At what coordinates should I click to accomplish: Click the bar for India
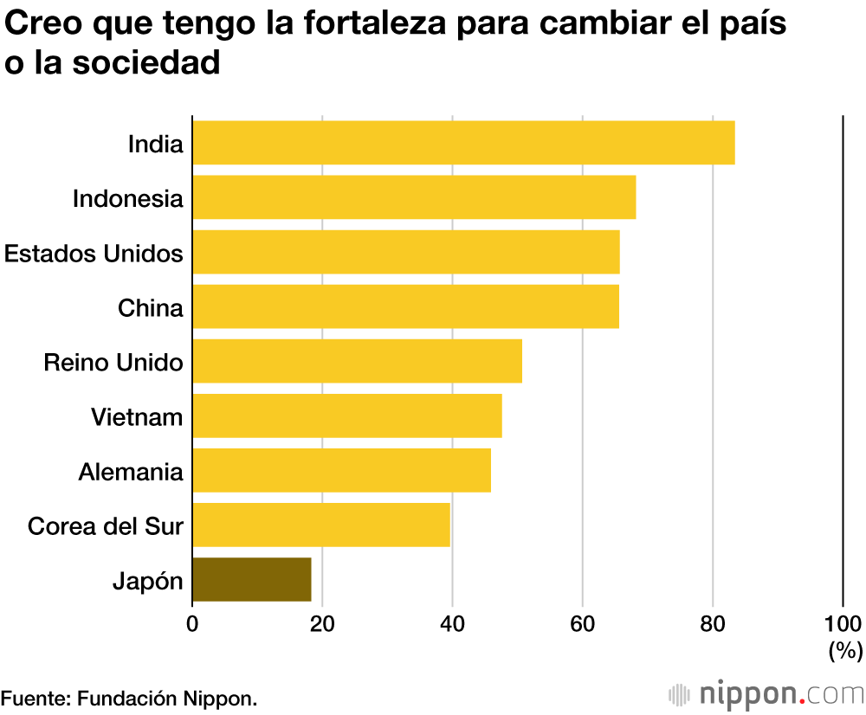tap(463, 143)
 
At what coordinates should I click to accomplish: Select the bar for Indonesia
tap(414, 197)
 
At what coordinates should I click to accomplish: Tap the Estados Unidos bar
tap(406, 252)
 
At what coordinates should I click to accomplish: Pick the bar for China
tap(405, 306)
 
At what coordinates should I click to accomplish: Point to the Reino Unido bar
tap(357, 361)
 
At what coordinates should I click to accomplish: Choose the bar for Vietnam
tap(346, 415)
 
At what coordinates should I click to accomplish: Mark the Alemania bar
tap(341, 470)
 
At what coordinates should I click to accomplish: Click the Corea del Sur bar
tap(320, 525)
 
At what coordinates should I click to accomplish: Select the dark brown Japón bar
tap(251, 579)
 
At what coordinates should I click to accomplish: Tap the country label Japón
tap(148, 581)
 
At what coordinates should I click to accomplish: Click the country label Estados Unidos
tap(94, 253)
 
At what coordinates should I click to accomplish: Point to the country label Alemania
tap(131, 472)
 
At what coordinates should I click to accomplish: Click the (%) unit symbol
tap(845, 649)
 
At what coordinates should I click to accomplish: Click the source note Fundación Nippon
tap(129, 698)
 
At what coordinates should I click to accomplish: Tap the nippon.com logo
tap(766, 693)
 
